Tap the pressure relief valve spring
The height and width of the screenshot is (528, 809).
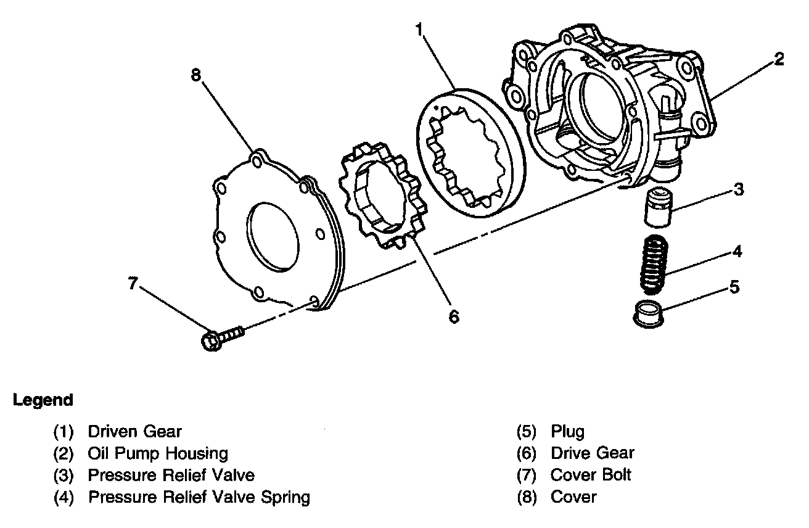[x=654, y=265]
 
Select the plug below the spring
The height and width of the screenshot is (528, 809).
[x=649, y=314]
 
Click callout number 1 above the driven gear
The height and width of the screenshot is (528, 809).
[x=419, y=30]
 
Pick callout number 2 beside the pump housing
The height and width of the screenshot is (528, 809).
[x=779, y=59]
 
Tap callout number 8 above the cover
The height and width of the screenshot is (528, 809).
[x=195, y=75]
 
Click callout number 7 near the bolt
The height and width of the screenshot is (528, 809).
[x=133, y=283]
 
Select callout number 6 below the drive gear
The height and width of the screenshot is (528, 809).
[x=454, y=316]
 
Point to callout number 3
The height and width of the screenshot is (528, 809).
[x=739, y=189]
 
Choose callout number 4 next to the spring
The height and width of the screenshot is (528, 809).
[x=737, y=251]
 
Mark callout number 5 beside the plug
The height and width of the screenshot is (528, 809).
[x=734, y=287]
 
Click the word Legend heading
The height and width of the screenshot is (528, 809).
[x=43, y=400]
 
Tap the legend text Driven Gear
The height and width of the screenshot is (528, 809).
[x=134, y=432]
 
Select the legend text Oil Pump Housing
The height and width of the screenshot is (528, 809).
[x=158, y=453]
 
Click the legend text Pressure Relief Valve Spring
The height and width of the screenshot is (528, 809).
[x=199, y=497]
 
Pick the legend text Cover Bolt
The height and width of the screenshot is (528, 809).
[x=591, y=475]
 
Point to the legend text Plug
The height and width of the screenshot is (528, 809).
[x=567, y=432]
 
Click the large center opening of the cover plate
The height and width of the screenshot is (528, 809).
[x=273, y=237]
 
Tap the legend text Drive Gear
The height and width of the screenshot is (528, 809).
[x=593, y=453]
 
